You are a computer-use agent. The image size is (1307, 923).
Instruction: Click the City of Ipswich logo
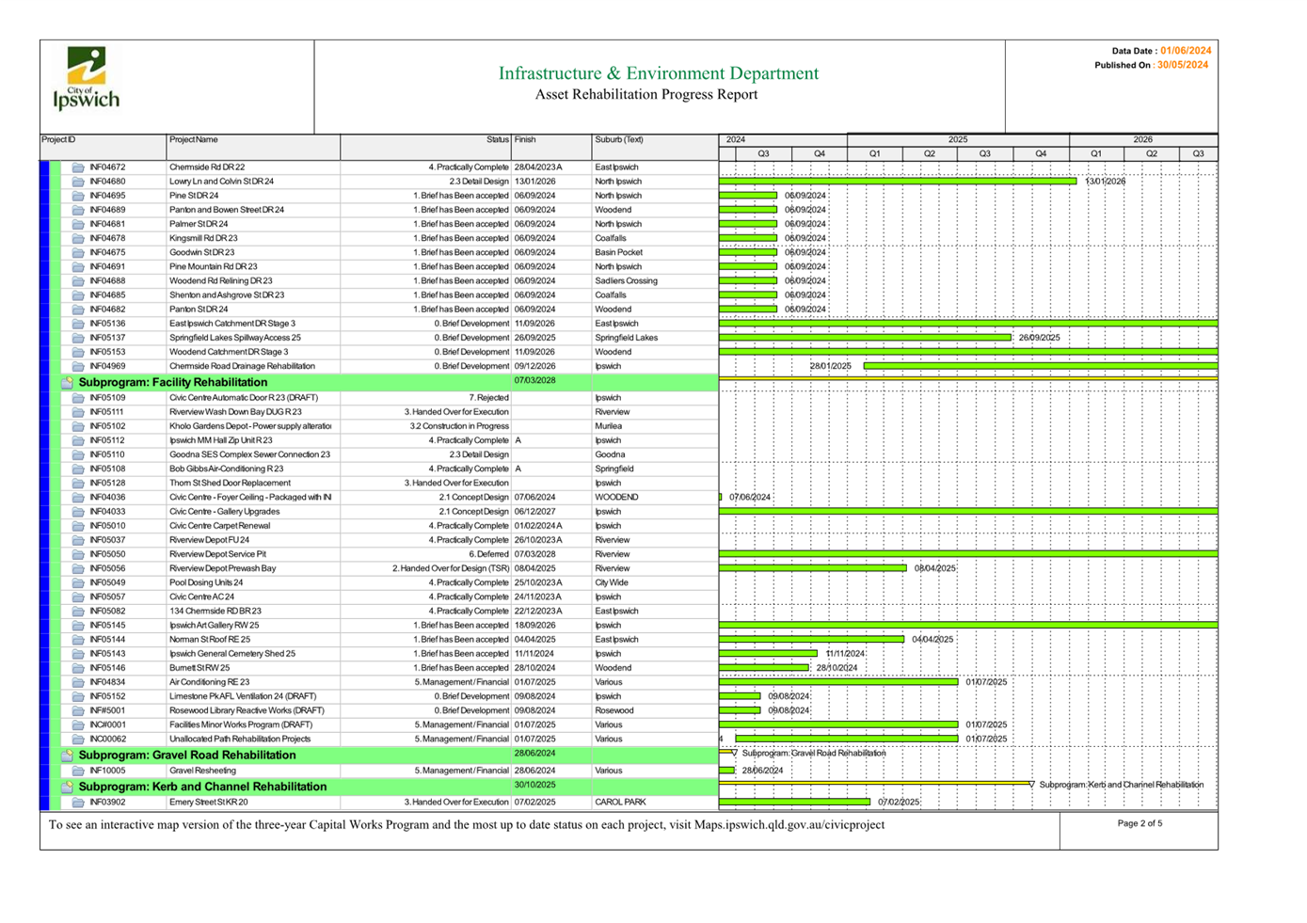point(87,79)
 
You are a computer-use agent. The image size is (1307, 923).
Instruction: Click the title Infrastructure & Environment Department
point(658,73)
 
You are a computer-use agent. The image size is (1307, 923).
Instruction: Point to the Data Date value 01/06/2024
point(1185,51)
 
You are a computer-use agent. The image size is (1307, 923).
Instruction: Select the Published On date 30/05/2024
point(1182,65)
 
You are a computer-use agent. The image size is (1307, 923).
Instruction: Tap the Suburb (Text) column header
point(619,140)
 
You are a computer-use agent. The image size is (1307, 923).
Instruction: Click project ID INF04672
point(107,167)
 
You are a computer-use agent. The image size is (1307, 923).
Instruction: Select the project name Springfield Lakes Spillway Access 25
point(235,338)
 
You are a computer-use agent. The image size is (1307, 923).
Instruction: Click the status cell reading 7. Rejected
point(489,398)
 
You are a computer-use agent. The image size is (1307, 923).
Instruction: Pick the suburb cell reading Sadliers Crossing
point(626,281)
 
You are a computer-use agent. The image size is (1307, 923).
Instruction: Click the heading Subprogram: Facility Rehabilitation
point(173,382)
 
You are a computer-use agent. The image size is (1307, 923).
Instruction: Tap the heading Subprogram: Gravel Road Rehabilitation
point(187,755)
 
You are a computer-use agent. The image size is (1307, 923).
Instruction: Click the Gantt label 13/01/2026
point(1105,182)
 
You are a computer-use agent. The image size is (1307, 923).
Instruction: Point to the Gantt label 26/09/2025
point(1039,338)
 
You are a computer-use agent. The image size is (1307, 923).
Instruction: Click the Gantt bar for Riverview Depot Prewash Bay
point(813,568)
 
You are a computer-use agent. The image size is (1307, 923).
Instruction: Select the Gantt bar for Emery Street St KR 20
point(795,802)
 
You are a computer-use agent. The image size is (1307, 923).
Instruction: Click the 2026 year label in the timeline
point(1142,139)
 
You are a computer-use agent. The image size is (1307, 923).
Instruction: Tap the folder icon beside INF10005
point(78,771)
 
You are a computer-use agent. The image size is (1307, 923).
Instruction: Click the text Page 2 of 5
point(1140,823)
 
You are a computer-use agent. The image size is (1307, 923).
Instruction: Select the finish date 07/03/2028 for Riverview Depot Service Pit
point(534,554)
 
